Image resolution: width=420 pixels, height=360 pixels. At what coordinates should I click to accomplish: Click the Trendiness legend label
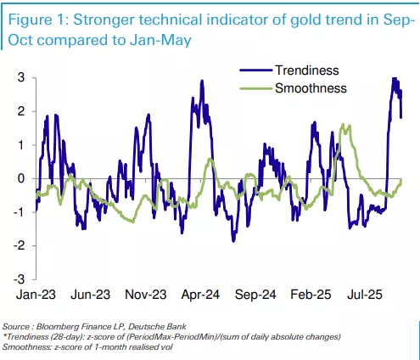307,70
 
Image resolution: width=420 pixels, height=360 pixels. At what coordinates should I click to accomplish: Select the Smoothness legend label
311,88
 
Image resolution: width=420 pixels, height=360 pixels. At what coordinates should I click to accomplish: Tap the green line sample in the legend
256,88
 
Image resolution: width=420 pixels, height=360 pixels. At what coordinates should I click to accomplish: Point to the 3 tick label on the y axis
21,77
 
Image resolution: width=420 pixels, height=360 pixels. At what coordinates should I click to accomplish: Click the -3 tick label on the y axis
20,279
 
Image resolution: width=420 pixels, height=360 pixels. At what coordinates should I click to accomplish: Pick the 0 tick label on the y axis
21,178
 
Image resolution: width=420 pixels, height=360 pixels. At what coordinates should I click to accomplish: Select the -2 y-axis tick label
20,245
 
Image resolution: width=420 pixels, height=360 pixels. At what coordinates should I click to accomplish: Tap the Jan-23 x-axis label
36,295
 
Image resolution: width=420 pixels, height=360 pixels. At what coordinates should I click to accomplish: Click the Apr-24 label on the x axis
200,295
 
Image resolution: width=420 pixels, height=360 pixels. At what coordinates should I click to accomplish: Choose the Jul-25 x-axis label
365,295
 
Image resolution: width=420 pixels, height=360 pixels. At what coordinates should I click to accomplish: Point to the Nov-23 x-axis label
146,295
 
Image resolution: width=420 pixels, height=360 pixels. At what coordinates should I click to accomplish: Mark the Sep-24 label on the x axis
255,295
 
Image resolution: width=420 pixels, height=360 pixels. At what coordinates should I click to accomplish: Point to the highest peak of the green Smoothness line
343,124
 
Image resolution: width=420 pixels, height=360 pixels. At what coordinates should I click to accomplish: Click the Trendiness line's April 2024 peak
202,81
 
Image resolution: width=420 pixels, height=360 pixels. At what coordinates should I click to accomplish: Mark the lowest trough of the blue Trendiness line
233,241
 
